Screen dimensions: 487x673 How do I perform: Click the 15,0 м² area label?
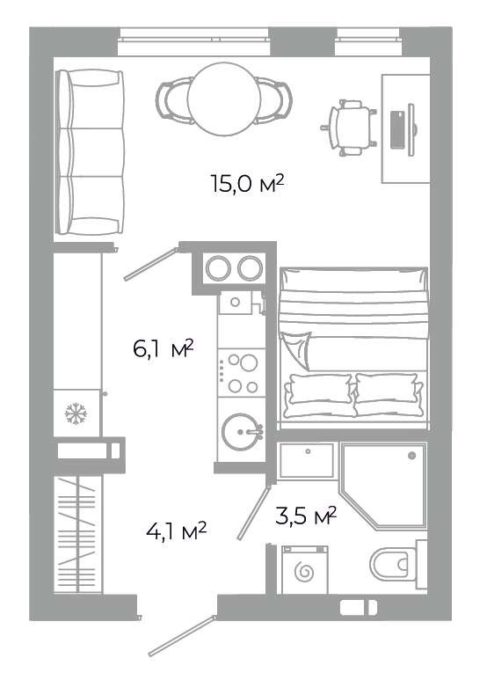[x=247, y=184]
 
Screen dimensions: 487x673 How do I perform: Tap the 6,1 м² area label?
[x=164, y=348]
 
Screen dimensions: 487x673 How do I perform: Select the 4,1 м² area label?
[x=176, y=531]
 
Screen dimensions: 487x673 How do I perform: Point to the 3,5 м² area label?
[x=305, y=516]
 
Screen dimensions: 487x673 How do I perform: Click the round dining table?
[x=224, y=99]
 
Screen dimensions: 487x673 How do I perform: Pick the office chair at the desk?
[x=349, y=128]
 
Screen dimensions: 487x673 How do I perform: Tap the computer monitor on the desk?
[x=411, y=129]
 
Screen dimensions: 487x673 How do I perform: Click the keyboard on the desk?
[x=397, y=129]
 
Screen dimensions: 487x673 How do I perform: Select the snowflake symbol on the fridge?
[x=76, y=413]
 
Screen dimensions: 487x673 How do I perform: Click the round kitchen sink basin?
[x=241, y=432]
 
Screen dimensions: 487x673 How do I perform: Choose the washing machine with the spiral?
[x=305, y=570]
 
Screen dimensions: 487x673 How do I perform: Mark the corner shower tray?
[x=383, y=486]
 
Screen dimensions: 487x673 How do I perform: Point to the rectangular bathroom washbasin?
[x=307, y=460]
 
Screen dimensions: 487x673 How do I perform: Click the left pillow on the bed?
[x=319, y=395]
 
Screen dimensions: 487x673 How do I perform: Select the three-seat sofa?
[x=90, y=152]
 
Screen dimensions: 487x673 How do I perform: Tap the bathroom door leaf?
[x=253, y=512]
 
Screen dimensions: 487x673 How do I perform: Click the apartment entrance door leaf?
[x=182, y=637]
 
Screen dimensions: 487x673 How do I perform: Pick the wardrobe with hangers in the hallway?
[x=78, y=534]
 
